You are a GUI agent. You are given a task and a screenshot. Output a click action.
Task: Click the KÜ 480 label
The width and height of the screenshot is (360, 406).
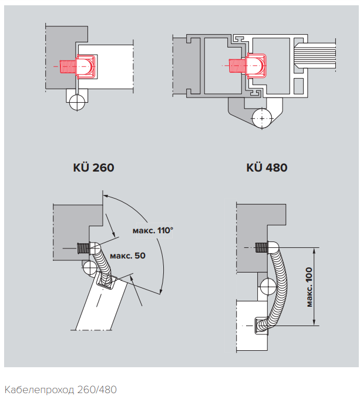267,167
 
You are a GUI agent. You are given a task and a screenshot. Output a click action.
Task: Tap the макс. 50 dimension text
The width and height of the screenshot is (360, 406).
128,256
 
